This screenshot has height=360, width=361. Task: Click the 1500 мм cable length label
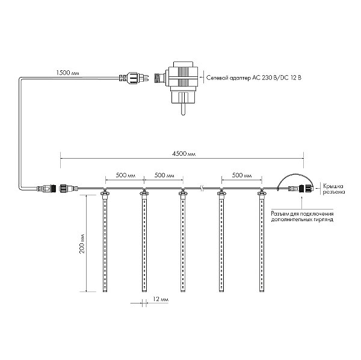pos(67,73)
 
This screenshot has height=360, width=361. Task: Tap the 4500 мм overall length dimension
pos(184,154)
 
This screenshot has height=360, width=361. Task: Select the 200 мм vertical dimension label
pos(82,243)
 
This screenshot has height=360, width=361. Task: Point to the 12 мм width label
pos(161,299)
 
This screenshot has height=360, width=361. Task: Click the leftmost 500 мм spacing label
pos(126,175)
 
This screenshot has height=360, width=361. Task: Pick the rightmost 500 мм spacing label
pos(242,175)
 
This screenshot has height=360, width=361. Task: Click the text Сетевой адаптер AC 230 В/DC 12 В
pos(254,78)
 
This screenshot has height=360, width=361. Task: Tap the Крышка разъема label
pos(333,189)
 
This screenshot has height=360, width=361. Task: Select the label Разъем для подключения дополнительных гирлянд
pos(302,216)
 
